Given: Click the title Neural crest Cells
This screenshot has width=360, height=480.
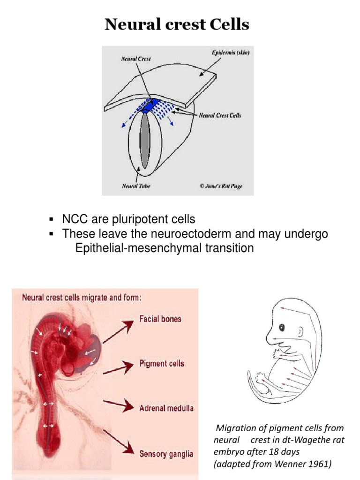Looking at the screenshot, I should [x=177, y=25].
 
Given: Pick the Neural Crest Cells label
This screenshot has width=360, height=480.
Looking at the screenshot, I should [x=220, y=115].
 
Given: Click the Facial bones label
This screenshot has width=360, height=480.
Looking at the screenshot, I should [x=160, y=319].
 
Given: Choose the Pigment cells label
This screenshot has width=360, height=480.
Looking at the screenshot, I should [x=162, y=363].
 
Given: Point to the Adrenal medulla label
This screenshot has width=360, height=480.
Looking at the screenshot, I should [x=166, y=408].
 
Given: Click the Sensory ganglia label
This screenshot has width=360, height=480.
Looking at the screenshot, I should [x=166, y=453].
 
